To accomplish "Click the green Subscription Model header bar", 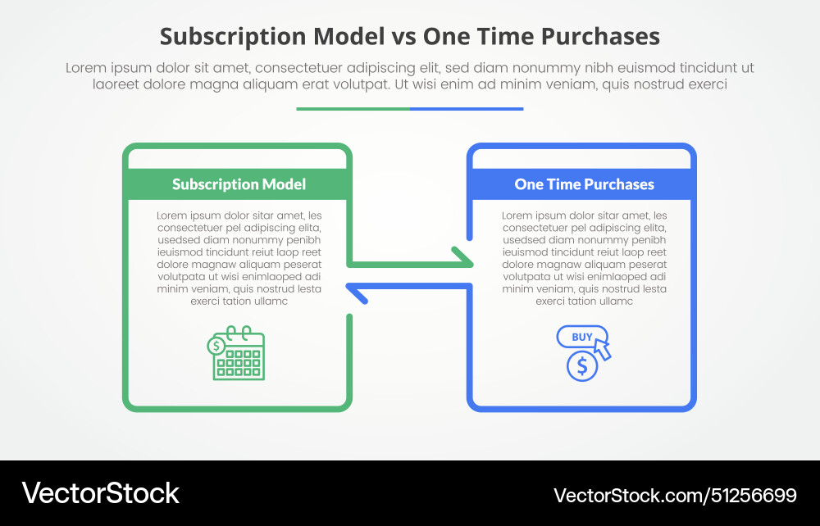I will [x=238, y=184].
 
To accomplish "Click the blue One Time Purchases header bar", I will [x=583, y=184].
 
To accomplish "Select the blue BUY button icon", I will [x=581, y=337].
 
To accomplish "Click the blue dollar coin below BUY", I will [x=582, y=366].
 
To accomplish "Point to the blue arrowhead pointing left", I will [x=354, y=292].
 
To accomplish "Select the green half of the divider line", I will [x=353, y=108].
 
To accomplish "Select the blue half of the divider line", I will [x=467, y=108].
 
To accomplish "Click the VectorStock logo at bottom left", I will [x=100, y=492].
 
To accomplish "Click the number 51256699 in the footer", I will [x=749, y=495].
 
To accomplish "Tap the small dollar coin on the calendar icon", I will [x=216, y=346].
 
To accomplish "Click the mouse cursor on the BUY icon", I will [x=603, y=350].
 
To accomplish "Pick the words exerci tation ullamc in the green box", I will [x=239, y=301].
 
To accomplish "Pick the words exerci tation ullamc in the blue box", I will [x=584, y=301].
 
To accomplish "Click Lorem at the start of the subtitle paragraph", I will [x=85, y=68].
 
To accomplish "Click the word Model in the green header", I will [x=284, y=184].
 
